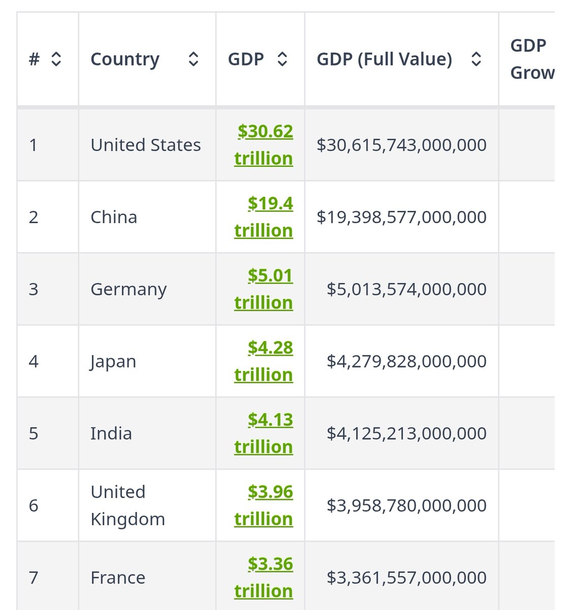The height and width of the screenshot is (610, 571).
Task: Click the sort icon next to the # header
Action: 56,59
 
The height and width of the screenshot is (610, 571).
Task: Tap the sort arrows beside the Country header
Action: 193,59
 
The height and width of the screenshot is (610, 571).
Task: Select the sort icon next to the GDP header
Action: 282,59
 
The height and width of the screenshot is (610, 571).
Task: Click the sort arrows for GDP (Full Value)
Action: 476,59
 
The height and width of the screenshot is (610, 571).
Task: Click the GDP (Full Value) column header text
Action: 384,59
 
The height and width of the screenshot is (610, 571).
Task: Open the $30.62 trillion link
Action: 264,145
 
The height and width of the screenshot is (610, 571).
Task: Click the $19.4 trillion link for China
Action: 264,217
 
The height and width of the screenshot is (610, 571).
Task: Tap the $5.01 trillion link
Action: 264,289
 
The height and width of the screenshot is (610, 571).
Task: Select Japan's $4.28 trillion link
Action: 264,361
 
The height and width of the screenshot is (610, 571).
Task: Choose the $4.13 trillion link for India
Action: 264,434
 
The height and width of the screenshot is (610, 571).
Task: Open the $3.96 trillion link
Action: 264,506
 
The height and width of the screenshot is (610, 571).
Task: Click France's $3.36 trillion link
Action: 264,578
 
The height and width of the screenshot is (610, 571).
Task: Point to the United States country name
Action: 145,145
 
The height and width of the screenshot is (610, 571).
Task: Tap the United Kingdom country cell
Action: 128,506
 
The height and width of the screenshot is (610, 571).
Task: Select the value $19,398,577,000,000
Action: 401,218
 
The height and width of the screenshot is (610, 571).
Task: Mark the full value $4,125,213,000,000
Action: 406,434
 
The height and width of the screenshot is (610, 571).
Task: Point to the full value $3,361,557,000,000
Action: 406,578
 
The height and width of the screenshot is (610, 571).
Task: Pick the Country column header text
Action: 125,59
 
